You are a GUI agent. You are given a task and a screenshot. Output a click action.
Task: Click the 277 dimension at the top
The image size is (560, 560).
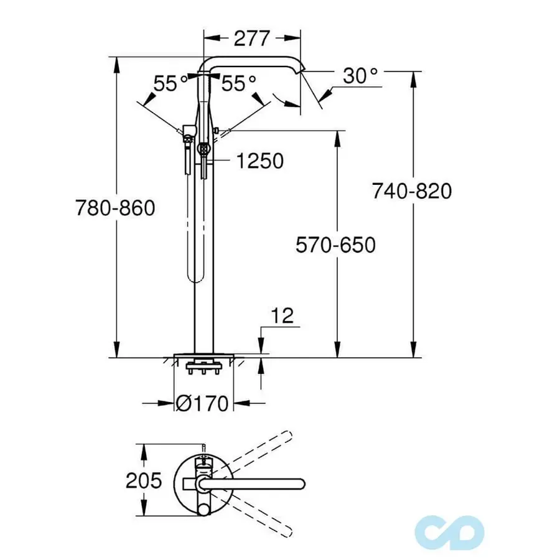(253, 38)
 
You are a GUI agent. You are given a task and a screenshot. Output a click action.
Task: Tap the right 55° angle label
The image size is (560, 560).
(239, 83)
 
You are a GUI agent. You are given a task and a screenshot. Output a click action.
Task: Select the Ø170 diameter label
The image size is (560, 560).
(202, 403)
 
